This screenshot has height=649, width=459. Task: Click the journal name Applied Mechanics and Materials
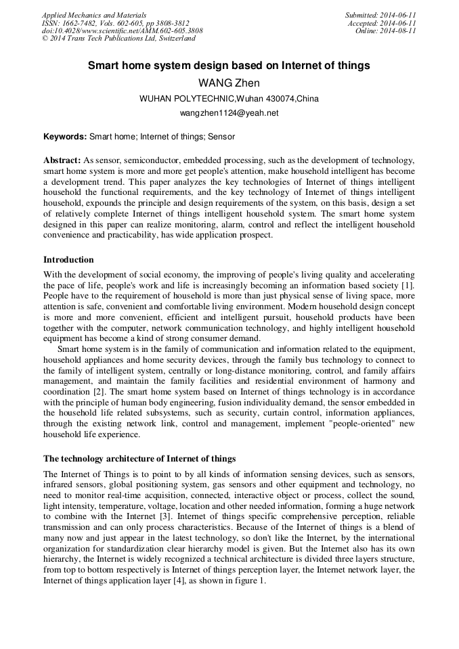point(93,15)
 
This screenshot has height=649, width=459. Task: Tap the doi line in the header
point(122,30)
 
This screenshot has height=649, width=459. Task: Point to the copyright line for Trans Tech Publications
point(118,39)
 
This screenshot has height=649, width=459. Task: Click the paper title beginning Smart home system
point(229,66)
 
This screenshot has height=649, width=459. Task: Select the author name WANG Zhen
point(229,83)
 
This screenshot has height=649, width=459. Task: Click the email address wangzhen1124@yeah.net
point(229,113)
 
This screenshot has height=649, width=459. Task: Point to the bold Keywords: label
point(65,136)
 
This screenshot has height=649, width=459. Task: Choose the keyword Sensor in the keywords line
point(222,136)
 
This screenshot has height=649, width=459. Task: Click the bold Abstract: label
point(62,160)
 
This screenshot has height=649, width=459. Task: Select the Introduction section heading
point(68,260)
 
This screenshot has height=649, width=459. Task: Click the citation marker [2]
point(98,391)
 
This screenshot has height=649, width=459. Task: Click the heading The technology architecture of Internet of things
point(139,459)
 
